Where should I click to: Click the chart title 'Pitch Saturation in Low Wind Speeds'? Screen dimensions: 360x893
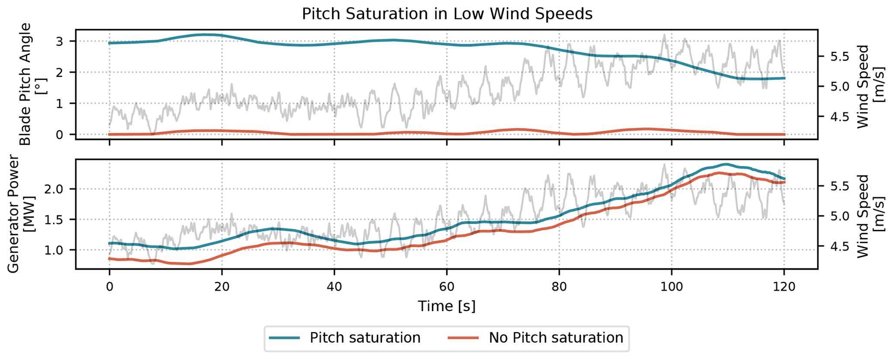[x=447, y=14]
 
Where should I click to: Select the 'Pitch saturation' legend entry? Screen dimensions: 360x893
[x=365, y=338]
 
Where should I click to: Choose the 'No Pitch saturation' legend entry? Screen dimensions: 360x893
[x=556, y=338]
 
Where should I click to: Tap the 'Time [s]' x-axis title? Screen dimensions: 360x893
[x=447, y=306]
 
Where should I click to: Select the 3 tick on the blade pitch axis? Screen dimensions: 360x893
[x=60, y=41]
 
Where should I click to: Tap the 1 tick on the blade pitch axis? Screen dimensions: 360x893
[x=60, y=104]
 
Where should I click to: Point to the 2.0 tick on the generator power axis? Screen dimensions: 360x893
[x=54, y=189]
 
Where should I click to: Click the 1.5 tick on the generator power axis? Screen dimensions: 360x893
[x=54, y=220]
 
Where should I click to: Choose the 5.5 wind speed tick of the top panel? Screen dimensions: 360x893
[x=834, y=57]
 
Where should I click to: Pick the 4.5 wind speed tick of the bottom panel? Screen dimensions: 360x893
[x=834, y=246]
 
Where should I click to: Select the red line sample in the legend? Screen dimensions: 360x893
[x=463, y=338]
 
